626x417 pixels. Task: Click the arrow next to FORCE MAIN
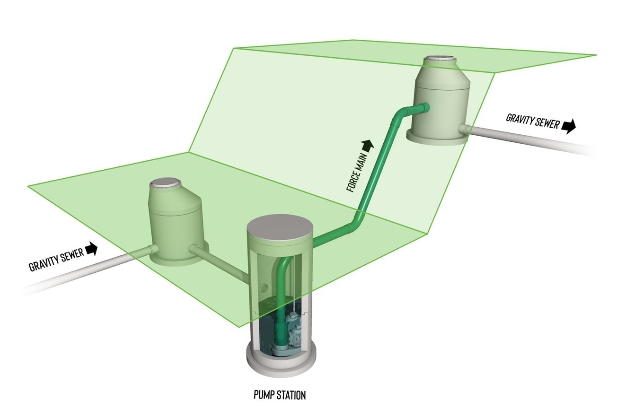[368, 145]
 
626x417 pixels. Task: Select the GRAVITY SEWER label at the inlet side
[56, 259]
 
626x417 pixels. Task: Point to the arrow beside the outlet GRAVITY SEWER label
[569, 126]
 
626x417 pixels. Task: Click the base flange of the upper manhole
[438, 138]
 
